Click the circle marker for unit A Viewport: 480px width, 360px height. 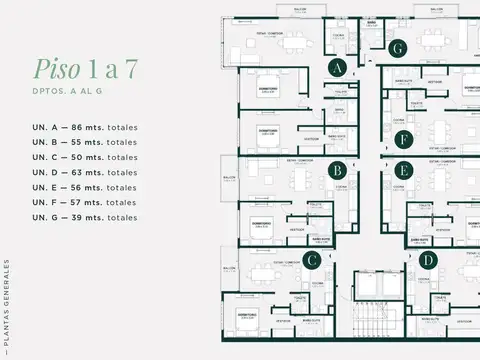click(x=338, y=68)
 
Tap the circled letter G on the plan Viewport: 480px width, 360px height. click(x=398, y=48)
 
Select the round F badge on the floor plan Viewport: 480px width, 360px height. click(x=403, y=139)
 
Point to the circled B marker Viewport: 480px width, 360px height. click(x=338, y=170)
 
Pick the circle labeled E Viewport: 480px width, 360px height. click(x=403, y=170)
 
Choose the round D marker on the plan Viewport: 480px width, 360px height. click(x=428, y=261)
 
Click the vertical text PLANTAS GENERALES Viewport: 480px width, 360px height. click(x=8, y=305)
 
